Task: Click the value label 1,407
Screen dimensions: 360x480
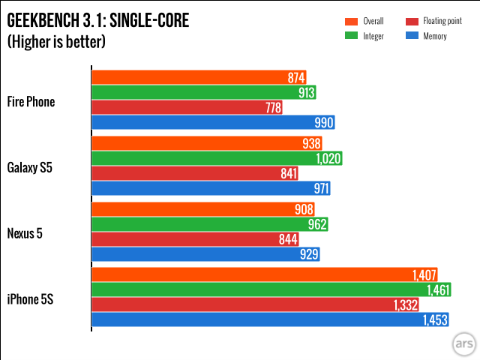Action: pos(424,274)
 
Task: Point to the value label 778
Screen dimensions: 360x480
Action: pos(273,108)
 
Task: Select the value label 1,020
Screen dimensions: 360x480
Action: pos(328,158)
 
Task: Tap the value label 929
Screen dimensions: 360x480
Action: pos(309,255)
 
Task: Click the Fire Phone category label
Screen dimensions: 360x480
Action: pos(31,101)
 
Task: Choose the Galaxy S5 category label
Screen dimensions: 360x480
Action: pos(30,166)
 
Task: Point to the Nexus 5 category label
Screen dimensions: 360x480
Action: pos(25,233)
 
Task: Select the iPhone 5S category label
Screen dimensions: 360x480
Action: pos(30,300)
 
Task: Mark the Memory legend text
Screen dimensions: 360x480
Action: pos(435,34)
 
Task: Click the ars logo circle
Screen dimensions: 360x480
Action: pos(463,343)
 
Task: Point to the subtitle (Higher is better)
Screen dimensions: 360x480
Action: pos(56,41)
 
